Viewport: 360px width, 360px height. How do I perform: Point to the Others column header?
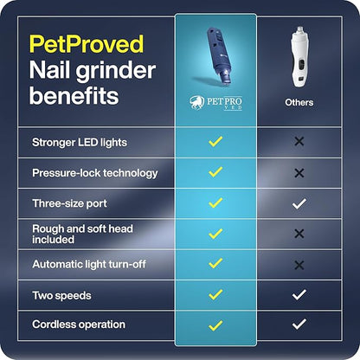[299, 102]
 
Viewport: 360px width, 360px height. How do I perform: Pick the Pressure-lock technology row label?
[94, 172]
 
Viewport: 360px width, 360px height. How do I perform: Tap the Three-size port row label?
[69, 202]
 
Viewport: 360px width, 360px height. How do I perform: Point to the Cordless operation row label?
[78, 325]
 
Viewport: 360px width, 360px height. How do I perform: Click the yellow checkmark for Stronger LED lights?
[215, 142]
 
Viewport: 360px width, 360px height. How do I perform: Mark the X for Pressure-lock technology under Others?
[299, 172]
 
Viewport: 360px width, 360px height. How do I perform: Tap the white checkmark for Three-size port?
[299, 202]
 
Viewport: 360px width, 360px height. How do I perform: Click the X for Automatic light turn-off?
[299, 264]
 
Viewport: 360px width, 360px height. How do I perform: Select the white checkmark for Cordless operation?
[299, 325]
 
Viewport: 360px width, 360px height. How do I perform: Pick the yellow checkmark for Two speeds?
[215, 294]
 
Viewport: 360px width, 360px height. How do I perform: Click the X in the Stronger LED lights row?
[299, 142]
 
